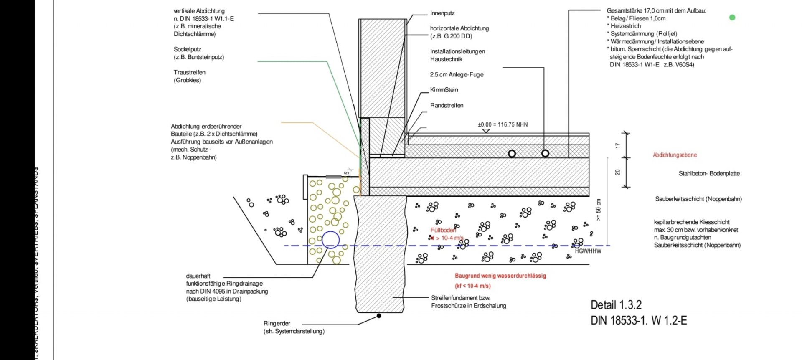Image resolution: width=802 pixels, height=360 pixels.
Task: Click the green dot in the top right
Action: (x=732, y=18)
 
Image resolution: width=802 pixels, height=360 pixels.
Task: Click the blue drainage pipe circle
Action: (x=330, y=240)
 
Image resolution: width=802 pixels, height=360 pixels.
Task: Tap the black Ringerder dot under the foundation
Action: (x=379, y=316)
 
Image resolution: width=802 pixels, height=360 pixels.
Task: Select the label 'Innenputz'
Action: (x=442, y=13)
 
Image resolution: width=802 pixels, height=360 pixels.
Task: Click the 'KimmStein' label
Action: (x=444, y=90)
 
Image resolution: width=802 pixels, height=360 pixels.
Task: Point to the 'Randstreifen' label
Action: (x=447, y=105)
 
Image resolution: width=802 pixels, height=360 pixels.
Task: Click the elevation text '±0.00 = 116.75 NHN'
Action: (x=503, y=124)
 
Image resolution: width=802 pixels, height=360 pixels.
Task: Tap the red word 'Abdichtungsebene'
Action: (x=675, y=155)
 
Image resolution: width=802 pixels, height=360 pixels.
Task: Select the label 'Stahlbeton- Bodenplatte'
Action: (x=709, y=173)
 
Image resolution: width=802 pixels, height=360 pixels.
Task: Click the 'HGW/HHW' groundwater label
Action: (x=588, y=251)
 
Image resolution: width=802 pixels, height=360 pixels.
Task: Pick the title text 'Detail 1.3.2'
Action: (x=616, y=305)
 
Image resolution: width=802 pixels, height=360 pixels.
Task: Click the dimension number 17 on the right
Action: (x=618, y=145)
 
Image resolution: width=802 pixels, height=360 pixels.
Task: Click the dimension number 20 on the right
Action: (x=618, y=172)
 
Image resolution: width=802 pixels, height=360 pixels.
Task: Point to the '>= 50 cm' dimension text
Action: (x=599, y=210)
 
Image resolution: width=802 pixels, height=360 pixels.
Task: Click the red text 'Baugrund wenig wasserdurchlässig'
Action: (x=500, y=276)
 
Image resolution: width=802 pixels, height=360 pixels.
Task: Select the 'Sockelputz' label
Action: (x=187, y=49)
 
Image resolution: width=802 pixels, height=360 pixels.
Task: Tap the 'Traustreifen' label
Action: (x=190, y=72)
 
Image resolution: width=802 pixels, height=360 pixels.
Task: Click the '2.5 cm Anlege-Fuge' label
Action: (x=457, y=74)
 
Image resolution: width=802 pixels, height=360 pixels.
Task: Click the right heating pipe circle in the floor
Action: (x=545, y=153)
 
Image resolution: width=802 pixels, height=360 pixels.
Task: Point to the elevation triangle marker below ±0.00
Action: (x=486, y=131)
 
